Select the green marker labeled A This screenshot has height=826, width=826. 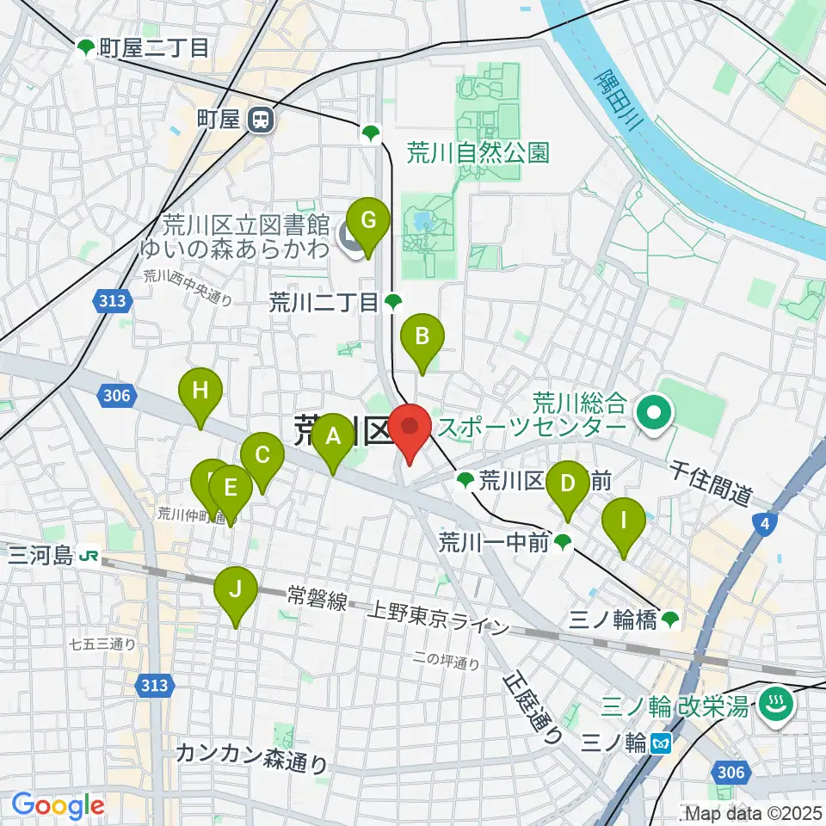coord(333,439)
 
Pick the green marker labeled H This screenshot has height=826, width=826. coord(200,393)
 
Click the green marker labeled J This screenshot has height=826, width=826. coord(237,591)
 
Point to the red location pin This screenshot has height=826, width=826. coord(410,428)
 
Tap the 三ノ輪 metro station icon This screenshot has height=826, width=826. coord(661,741)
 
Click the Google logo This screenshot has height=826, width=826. coord(58,805)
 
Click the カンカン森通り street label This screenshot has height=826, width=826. coord(251,757)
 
